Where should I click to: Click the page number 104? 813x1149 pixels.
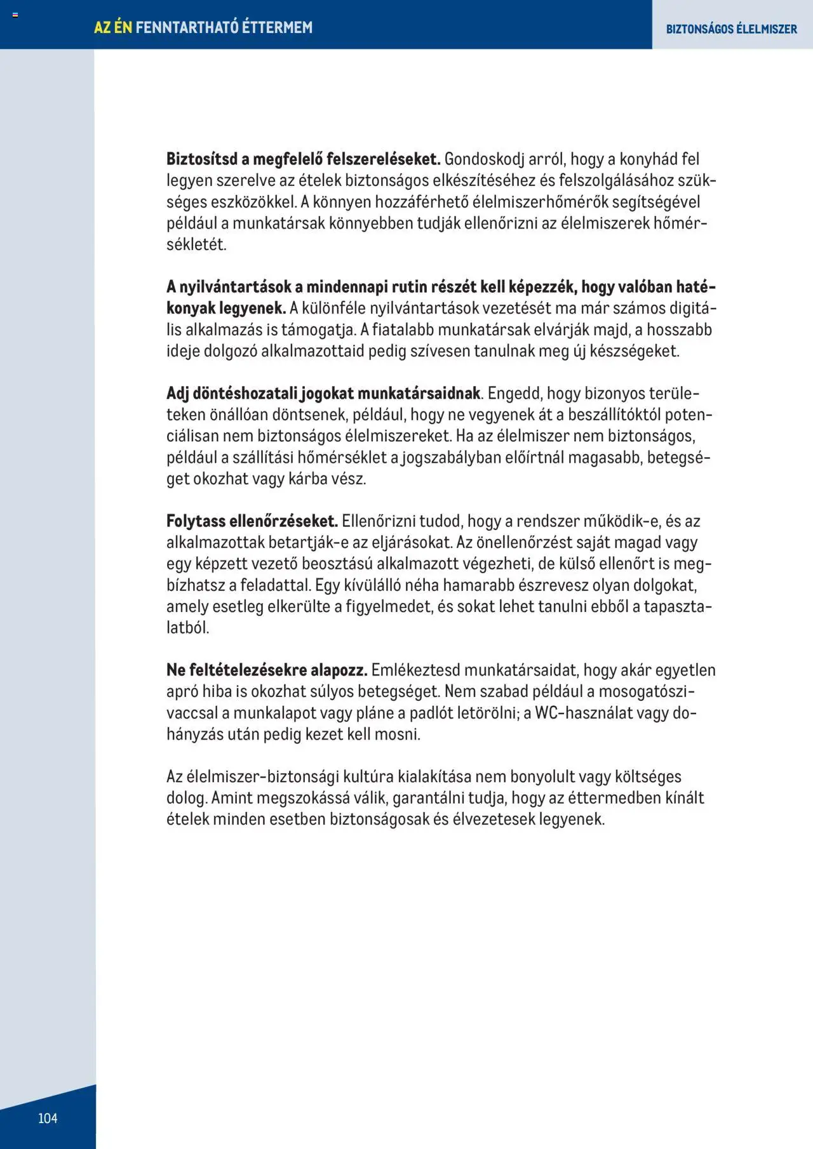(x=48, y=1118)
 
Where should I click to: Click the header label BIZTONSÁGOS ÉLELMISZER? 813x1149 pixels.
(x=731, y=29)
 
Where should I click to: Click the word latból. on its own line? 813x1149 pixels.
(x=188, y=628)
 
